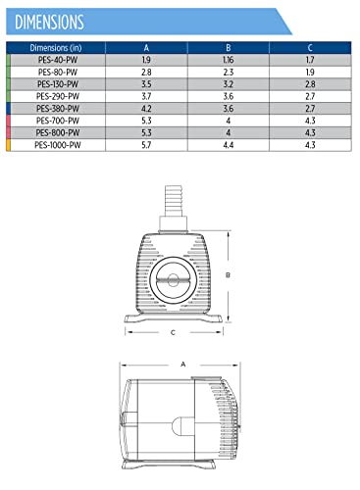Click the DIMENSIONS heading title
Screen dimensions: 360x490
[x=49, y=23]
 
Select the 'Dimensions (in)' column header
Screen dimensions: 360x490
[x=56, y=48]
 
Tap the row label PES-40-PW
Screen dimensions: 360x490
[x=58, y=60]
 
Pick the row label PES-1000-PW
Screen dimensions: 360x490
[x=58, y=145]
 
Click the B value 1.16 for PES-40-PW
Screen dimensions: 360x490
[x=229, y=60]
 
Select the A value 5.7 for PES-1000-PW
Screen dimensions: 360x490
[x=146, y=145]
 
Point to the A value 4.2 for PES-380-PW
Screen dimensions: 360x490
[x=146, y=109]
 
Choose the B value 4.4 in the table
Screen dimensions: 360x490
[x=229, y=145]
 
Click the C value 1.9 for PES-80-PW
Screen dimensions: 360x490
[x=310, y=73]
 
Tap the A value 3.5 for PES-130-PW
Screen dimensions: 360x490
[x=146, y=84]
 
